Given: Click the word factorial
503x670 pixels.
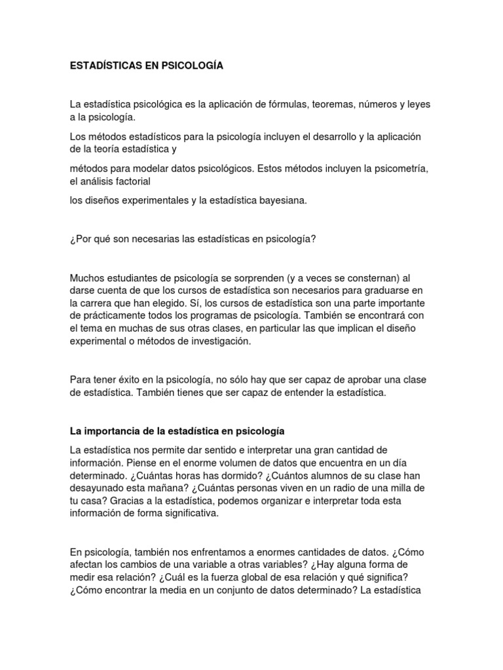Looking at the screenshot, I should point(132,181).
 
